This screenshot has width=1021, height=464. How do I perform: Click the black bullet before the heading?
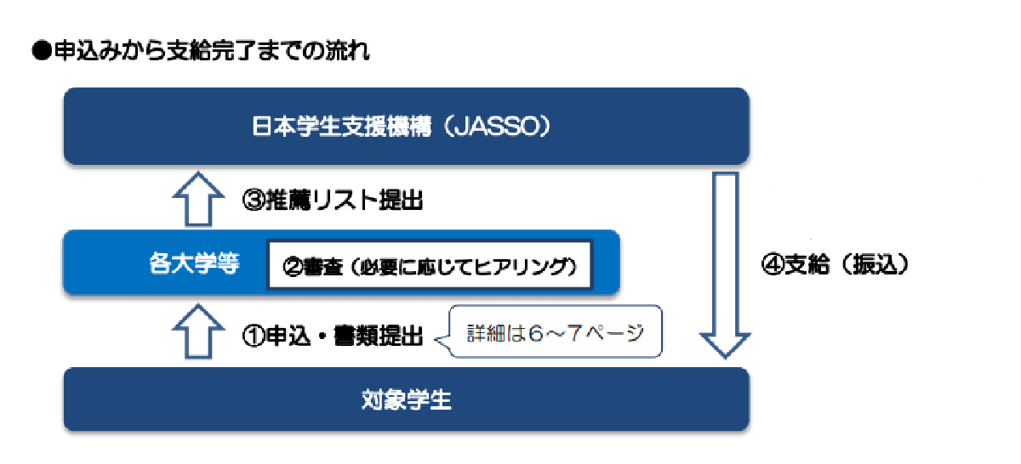42,51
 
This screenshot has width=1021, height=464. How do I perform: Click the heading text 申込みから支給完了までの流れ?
212,50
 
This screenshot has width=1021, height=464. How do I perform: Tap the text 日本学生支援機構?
341,126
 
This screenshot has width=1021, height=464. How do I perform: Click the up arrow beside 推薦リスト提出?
198,199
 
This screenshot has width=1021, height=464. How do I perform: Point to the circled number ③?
254,201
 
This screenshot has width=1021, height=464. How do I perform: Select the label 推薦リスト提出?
344,201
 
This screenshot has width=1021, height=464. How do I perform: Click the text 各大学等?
194,263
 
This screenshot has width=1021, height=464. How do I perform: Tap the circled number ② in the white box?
293,266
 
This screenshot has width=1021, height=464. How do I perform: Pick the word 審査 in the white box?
323,266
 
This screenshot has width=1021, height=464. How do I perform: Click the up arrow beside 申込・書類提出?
198,331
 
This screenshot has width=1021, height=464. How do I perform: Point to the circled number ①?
254,336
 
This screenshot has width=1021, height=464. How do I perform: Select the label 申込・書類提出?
344,336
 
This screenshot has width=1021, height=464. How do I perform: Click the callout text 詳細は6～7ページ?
555,333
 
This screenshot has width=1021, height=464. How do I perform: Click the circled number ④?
773,264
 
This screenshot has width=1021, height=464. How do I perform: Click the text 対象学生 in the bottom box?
406,399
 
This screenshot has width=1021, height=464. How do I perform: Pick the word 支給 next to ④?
807,264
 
